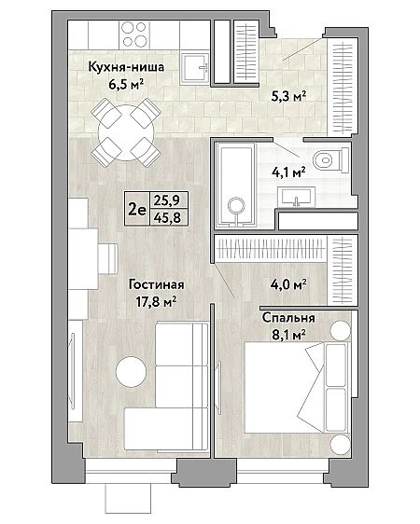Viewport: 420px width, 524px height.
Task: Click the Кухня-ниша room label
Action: coord(126,67)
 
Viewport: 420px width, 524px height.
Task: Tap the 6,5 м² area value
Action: coord(126,84)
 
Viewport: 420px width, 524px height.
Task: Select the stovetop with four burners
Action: coord(134,34)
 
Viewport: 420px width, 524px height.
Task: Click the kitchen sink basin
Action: coord(196,68)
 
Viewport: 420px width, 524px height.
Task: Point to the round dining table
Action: coord(126,131)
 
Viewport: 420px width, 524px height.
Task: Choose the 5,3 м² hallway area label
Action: coord(288,97)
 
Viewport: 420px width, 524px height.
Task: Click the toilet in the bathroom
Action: coord(331,160)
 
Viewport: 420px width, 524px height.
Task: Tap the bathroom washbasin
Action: coord(296,197)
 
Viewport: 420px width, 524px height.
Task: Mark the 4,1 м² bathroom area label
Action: coord(288,172)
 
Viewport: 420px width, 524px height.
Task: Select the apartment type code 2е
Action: coord(137,210)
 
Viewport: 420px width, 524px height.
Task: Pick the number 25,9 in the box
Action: coord(167,200)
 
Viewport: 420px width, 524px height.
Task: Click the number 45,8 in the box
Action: coord(167,218)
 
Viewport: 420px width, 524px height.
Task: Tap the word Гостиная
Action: coord(157,285)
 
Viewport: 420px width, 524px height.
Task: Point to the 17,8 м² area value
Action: coord(156,302)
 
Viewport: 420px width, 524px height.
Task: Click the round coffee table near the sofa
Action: coord(131,372)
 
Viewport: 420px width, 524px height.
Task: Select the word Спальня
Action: coord(288,317)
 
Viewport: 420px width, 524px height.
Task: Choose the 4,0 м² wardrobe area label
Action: coord(288,284)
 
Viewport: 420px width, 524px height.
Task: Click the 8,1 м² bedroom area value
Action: coord(288,334)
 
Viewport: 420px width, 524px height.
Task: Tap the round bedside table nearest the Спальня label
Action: coord(341,331)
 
